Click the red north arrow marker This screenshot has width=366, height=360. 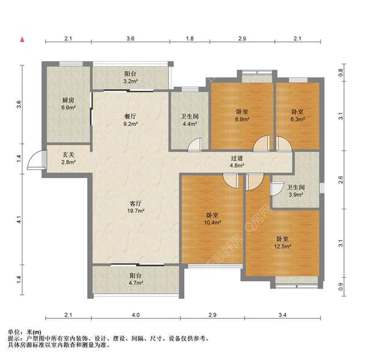[x=22, y=40]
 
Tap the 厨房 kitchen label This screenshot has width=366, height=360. [x=68, y=104]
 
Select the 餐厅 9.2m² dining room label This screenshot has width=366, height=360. [x=131, y=120]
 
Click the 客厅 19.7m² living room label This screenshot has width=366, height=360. [x=135, y=207]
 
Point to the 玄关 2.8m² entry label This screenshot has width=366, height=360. [x=68, y=158]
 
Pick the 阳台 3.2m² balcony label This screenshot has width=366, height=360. [x=131, y=77]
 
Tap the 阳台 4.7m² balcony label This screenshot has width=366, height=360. [x=136, y=279]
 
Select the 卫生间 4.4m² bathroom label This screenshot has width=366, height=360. [x=190, y=120]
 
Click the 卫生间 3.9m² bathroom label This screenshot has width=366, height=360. [x=296, y=191]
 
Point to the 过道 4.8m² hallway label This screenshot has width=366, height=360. [x=237, y=162]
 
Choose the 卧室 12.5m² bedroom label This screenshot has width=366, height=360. [x=282, y=243]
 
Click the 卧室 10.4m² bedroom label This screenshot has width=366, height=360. [x=212, y=219]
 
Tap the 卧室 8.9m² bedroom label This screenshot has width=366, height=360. [x=242, y=115]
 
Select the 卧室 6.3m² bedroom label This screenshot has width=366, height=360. [x=298, y=115]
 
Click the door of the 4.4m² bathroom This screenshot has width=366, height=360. [x=195, y=145]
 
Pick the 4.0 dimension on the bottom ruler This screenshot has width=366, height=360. [x=135, y=315]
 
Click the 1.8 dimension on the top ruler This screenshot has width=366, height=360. [x=190, y=38]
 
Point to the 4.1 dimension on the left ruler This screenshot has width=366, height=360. [x=19, y=220]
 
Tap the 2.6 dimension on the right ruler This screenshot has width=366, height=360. [x=341, y=179]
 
